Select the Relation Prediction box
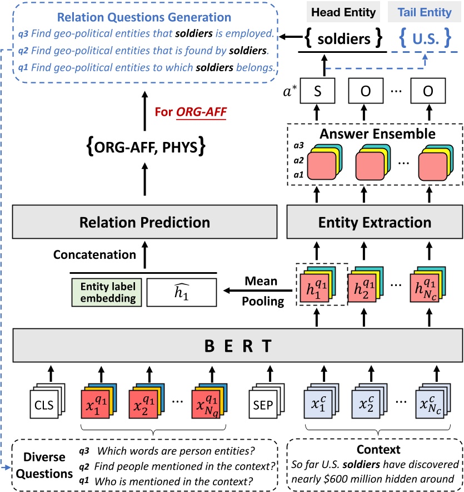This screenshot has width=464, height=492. [144, 223]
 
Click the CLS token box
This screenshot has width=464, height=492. [47, 405]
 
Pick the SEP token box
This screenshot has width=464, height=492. [262, 405]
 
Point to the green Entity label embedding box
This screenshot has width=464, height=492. [105, 292]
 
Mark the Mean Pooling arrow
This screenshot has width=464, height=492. [258, 290]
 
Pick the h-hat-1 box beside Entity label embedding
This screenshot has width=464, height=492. [179, 292]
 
